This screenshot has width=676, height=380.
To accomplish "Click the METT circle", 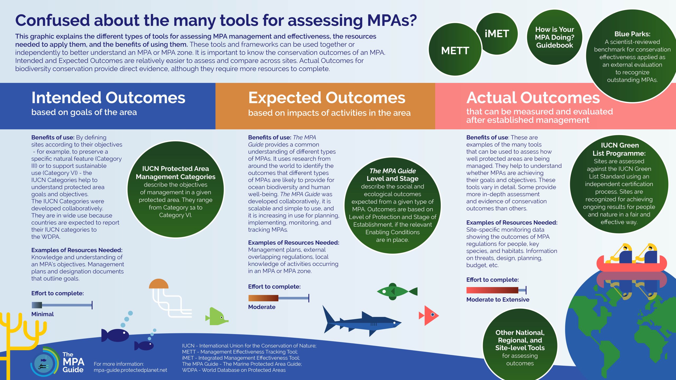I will click(455, 50).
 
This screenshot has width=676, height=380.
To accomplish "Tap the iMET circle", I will click(497, 34).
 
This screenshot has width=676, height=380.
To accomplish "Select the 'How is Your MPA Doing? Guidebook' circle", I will click(555, 37).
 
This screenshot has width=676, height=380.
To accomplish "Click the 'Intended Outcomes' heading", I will click(108, 98).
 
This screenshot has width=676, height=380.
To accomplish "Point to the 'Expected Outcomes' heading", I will click(327, 98).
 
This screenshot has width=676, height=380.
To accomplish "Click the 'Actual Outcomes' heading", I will click(533, 98).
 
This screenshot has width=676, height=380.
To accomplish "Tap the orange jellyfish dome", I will click(158, 284).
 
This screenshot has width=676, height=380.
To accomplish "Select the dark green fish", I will click(395, 292).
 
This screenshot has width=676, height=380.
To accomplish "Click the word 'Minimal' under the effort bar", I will click(43, 314).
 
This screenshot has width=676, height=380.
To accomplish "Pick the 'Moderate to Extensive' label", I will click(498, 300).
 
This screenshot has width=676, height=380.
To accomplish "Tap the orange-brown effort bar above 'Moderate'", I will click(263, 298).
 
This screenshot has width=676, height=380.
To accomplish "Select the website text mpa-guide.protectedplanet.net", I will click(130, 370).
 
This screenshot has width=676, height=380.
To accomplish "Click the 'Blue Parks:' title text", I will click(632, 34).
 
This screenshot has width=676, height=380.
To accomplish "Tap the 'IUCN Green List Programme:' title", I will click(619, 149).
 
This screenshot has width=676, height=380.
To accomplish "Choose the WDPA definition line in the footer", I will click(234, 370).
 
